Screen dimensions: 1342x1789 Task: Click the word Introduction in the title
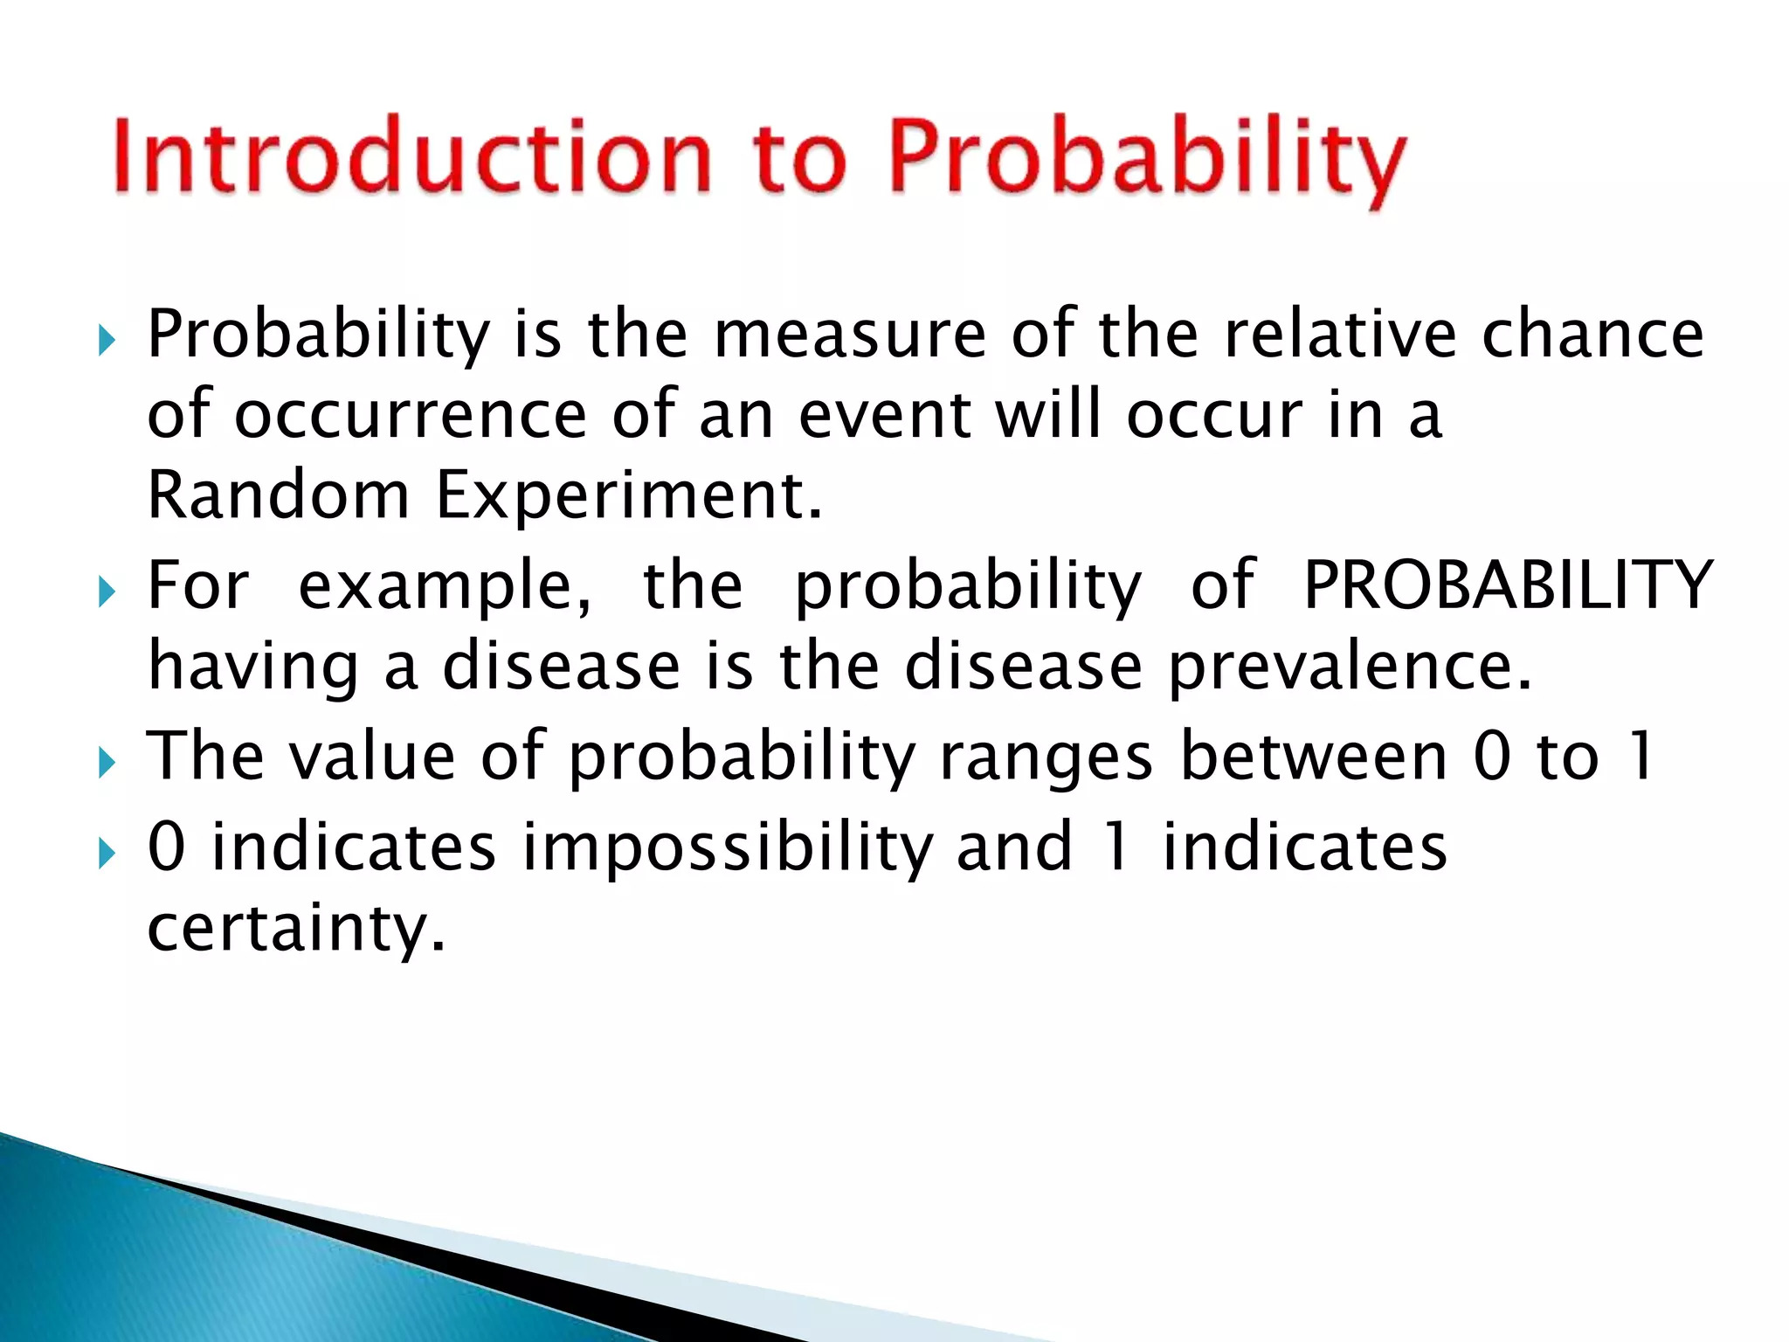pyautogui.click(x=411, y=157)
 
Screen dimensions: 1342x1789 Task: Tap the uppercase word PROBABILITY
pyautogui.click(x=1508, y=585)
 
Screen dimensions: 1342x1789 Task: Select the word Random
pyautogui.click(x=278, y=495)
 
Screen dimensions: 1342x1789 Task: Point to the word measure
pyautogui.click(x=849, y=335)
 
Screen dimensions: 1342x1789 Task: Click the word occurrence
pyautogui.click(x=411, y=416)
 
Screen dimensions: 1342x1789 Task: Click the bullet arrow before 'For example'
pyautogui.click(x=107, y=595)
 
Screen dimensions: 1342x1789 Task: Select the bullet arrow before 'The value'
pyautogui.click(x=107, y=764)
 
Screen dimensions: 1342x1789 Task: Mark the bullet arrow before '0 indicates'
pyautogui.click(x=107, y=854)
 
